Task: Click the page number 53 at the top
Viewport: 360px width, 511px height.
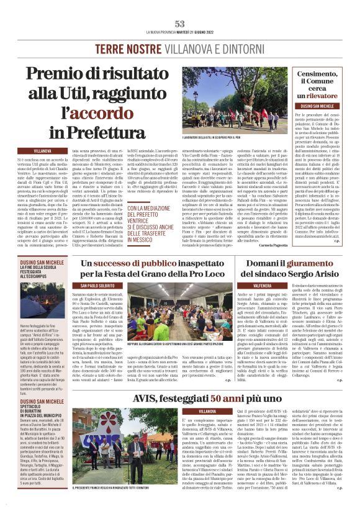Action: (180, 23)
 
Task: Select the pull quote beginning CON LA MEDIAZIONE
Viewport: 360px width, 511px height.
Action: (152, 217)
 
